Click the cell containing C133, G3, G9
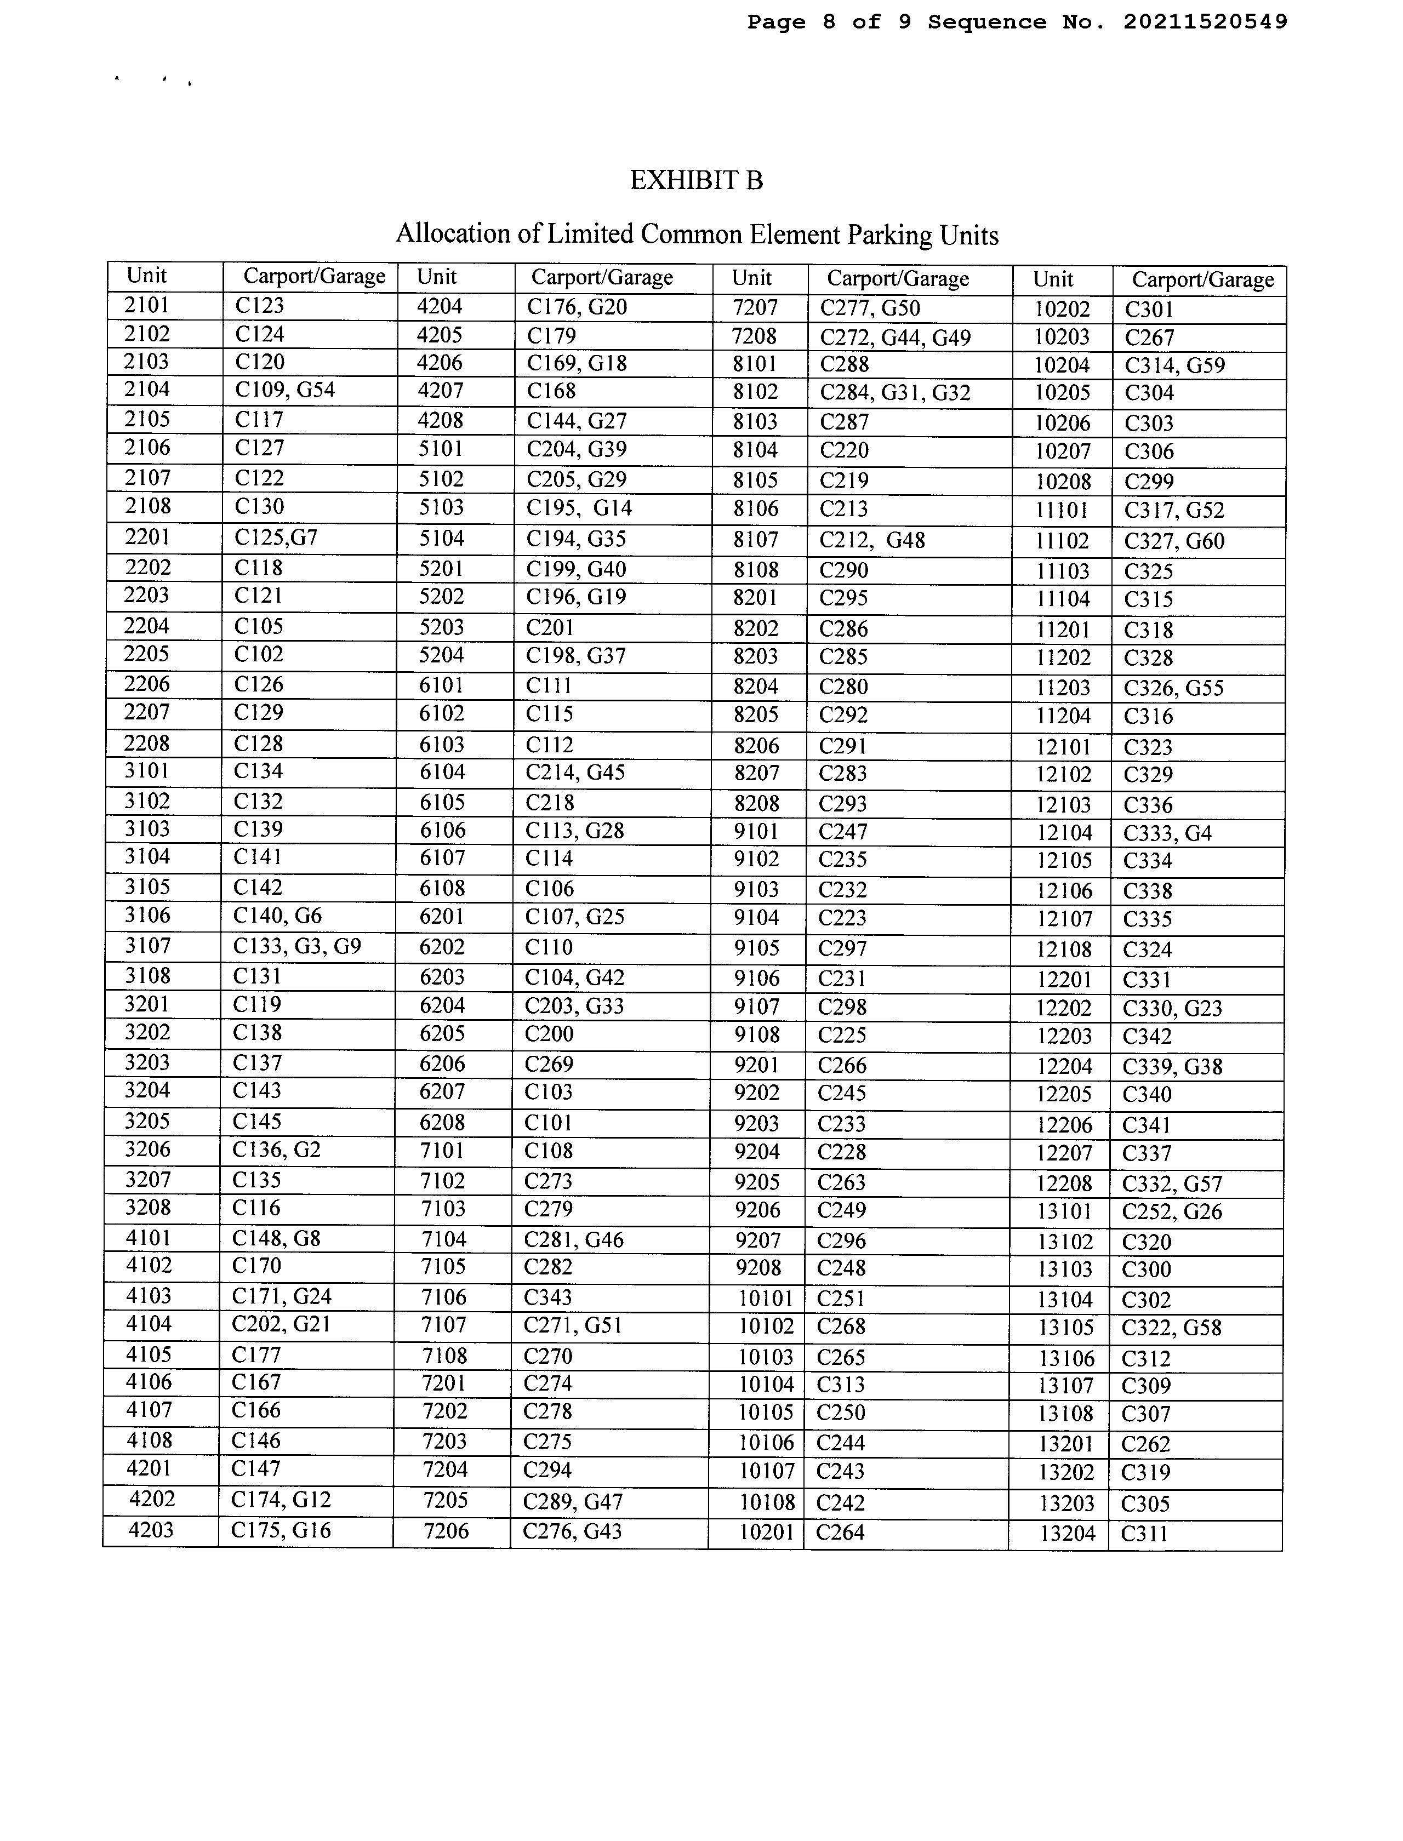point(296,946)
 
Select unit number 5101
point(440,449)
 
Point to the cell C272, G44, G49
point(896,338)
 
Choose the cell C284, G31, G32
point(896,392)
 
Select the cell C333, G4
point(1167,833)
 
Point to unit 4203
point(152,1530)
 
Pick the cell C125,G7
point(276,537)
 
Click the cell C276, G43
point(572,1531)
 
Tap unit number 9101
point(756,832)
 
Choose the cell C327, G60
point(1173,541)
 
